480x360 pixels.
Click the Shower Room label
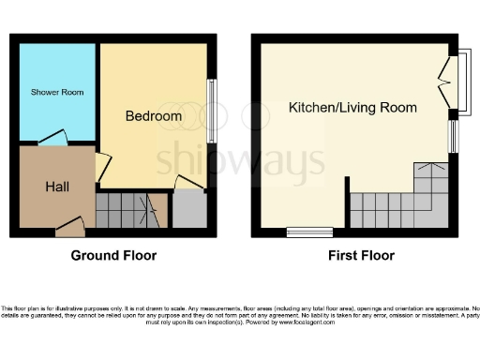[52, 92]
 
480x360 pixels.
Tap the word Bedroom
[154, 116]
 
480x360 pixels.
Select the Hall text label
[57, 187]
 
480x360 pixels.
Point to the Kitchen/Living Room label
[352, 108]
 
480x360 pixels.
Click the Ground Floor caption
[114, 255]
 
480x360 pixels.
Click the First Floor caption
[361, 255]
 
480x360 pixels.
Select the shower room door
[52, 138]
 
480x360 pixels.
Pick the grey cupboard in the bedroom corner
[190, 209]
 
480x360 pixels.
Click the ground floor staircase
[131, 208]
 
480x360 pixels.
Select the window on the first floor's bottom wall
[309, 231]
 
